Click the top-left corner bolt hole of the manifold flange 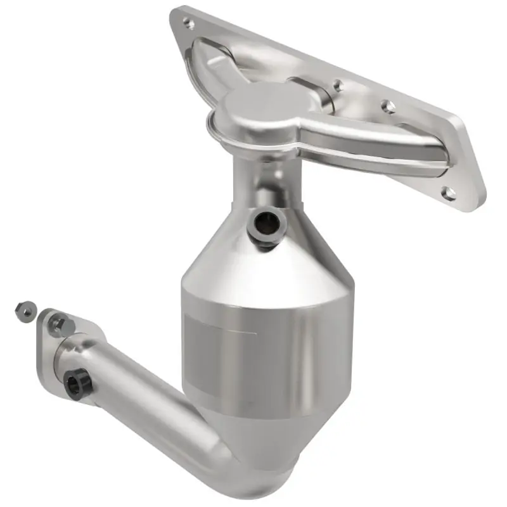(x=188, y=24)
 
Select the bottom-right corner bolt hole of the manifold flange (x=449, y=193)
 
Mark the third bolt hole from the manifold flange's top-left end (x=388, y=106)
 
